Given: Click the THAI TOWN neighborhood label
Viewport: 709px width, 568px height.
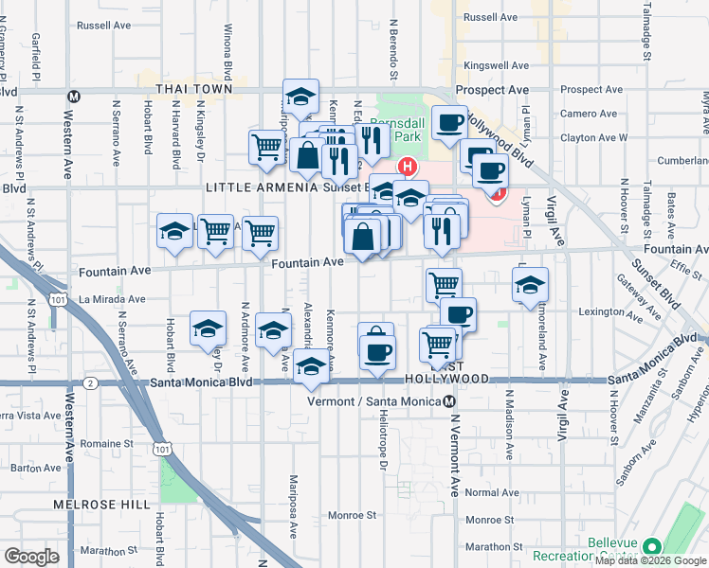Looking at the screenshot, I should coord(194,89).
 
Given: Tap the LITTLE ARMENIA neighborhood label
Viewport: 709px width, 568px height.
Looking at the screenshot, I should coord(262,187).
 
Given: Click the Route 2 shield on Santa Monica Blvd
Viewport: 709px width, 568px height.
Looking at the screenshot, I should coord(89,382).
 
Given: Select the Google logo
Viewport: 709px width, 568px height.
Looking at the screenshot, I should coord(31,556).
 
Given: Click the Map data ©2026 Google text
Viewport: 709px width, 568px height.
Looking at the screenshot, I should coord(650,560).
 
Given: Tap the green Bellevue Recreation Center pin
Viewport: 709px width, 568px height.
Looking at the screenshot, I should coord(651,546).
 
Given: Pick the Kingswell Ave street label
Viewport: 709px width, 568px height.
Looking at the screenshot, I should coord(494,66).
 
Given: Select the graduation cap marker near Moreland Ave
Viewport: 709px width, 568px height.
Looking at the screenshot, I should coord(530,284).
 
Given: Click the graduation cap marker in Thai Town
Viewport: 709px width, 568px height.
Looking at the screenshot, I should coord(300,96).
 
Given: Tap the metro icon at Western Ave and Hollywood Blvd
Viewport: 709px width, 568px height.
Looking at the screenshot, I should coord(72,95).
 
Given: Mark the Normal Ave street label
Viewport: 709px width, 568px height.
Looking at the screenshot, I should coord(493,492).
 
